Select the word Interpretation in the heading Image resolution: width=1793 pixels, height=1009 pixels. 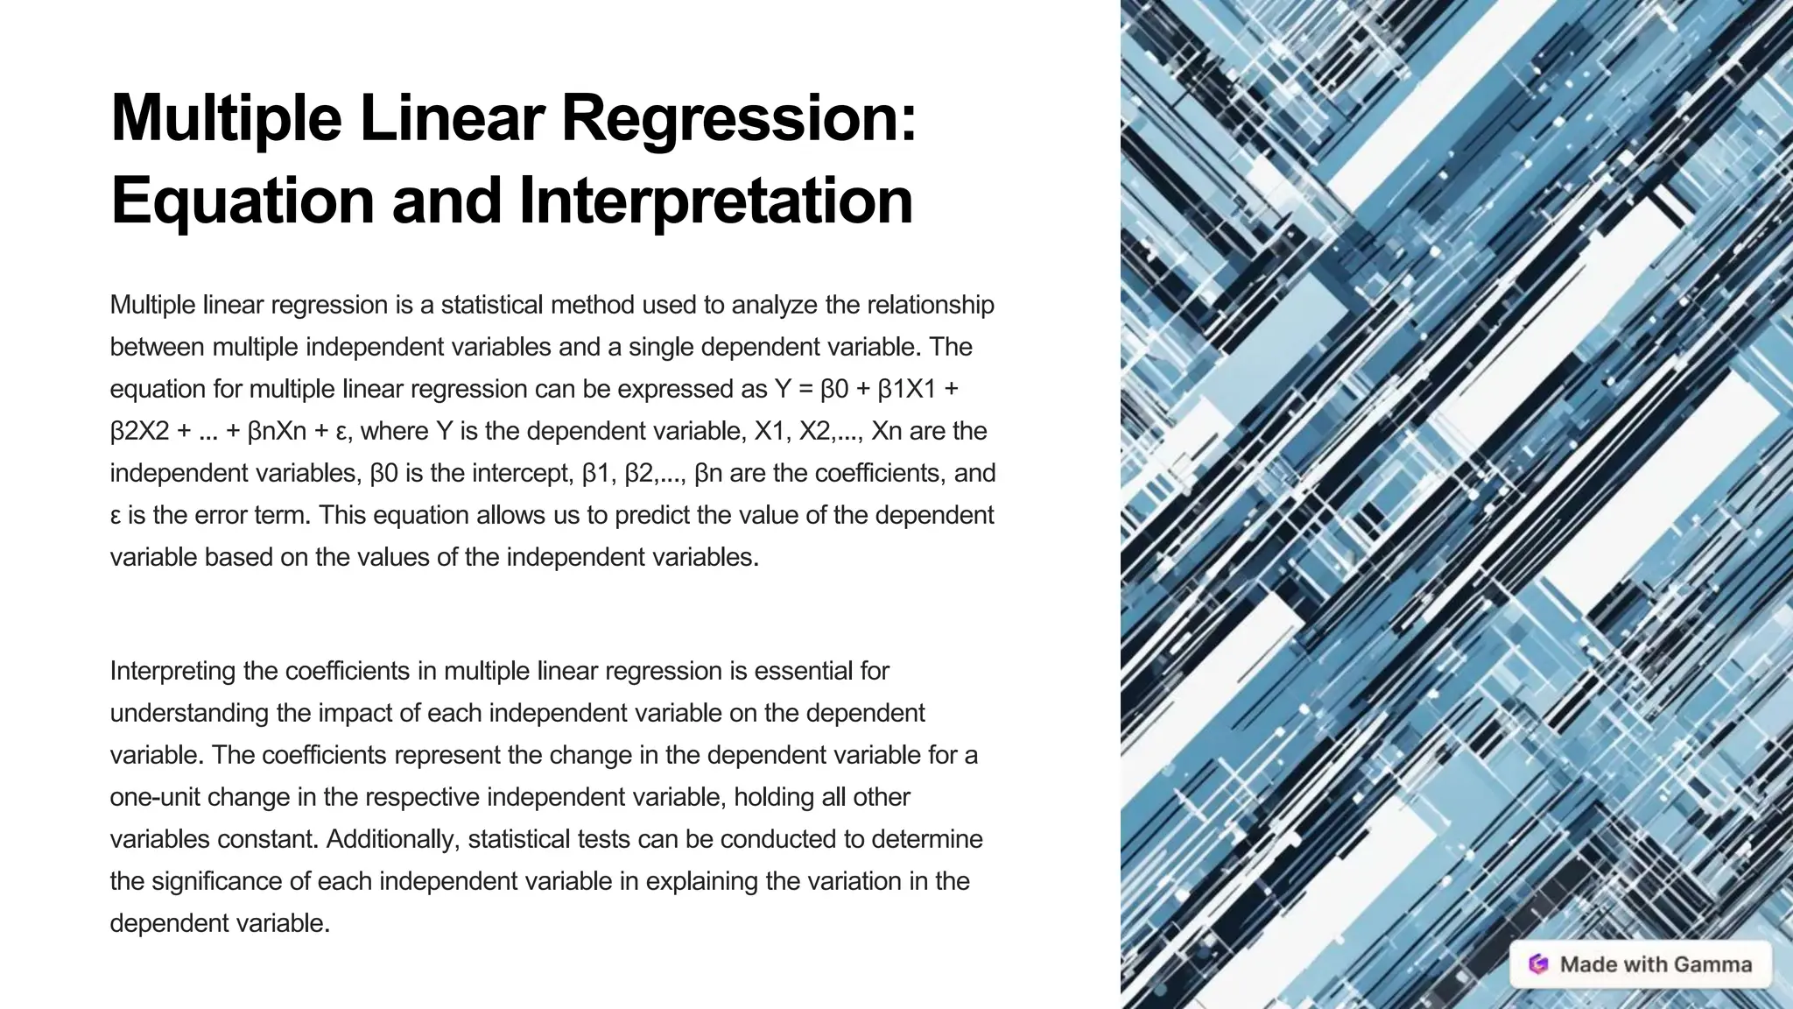(715, 201)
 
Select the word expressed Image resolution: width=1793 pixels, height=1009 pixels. (692, 389)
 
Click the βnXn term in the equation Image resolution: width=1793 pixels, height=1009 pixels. (277, 431)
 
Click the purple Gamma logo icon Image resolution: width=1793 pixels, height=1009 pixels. (1538, 964)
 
